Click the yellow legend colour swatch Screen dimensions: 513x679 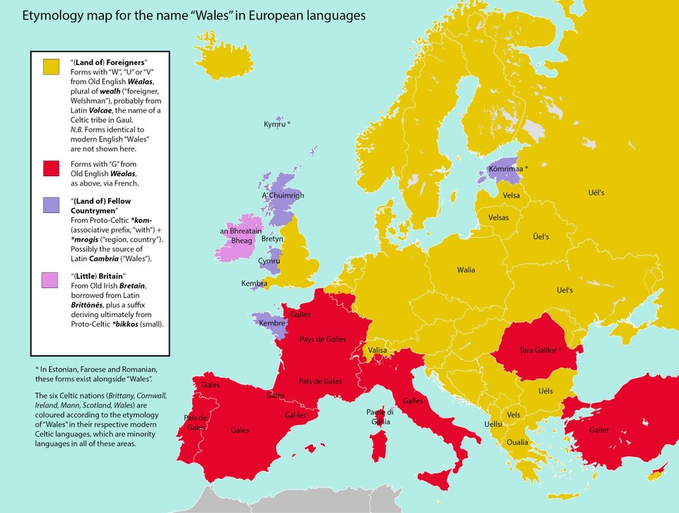(x=51, y=67)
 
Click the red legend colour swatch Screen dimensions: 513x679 (x=51, y=168)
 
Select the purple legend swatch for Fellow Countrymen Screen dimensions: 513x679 (x=51, y=205)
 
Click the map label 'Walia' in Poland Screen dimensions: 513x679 (x=466, y=270)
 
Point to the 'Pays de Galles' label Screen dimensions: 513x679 (x=323, y=340)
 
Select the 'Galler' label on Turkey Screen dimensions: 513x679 (x=599, y=430)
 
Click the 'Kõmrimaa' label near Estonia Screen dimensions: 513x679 (x=508, y=169)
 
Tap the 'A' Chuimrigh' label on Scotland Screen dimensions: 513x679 (x=283, y=195)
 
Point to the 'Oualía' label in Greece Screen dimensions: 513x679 (x=517, y=442)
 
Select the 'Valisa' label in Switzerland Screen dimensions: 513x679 (x=378, y=350)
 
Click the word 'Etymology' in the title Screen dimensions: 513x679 (x=54, y=15)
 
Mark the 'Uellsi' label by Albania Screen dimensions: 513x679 (x=493, y=424)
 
